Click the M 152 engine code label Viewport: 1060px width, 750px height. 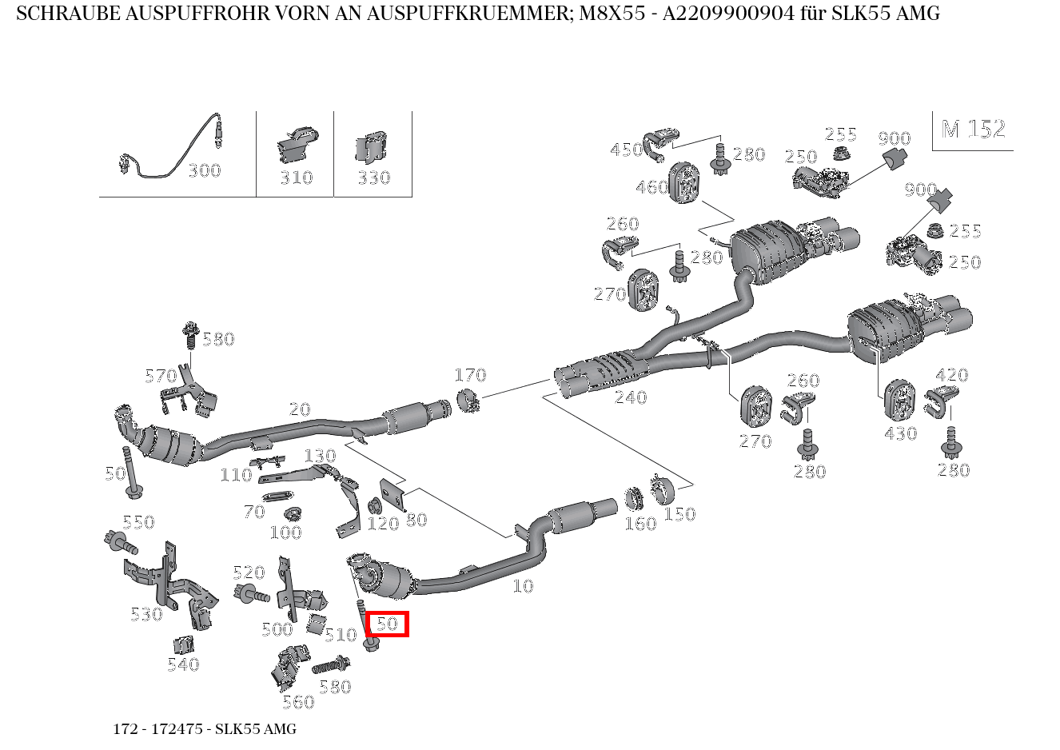click(x=973, y=129)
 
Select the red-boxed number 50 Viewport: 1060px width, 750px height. click(x=388, y=624)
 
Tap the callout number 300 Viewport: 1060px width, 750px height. click(x=204, y=170)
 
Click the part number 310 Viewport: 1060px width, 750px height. click(x=296, y=178)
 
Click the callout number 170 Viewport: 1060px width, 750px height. click(x=470, y=375)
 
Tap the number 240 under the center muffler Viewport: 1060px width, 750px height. click(x=630, y=397)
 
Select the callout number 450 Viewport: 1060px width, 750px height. click(x=627, y=150)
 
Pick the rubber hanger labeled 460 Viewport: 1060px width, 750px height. click(x=683, y=182)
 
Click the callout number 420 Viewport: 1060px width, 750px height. click(x=951, y=375)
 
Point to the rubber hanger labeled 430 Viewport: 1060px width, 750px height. click(x=899, y=399)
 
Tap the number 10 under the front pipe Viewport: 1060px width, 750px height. click(x=522, y=586)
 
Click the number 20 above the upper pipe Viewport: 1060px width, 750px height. click(x=299, y=409)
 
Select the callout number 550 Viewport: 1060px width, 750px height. click(x=138, y=522)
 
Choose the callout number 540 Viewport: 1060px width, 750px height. click(x=183, y=664)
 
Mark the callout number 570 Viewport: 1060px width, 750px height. click(x=161, y=376)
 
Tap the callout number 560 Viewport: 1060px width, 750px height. click(x=298, y=702)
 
